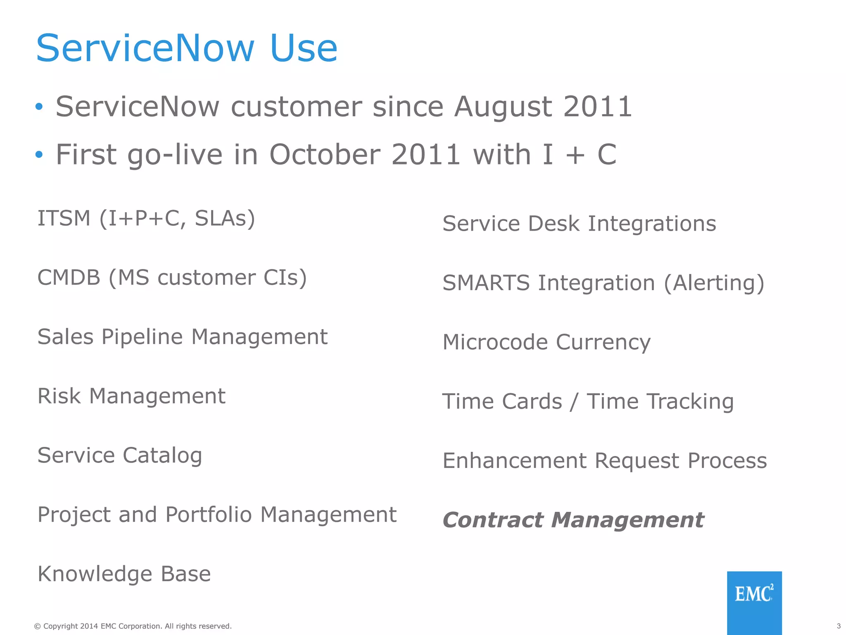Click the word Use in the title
point(304,49)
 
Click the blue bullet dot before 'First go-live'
point(39,155)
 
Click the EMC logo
point(754,594)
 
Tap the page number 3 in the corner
point(839,626)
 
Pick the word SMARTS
point(486,283)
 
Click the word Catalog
point(162,456)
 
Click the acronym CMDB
point(69,277)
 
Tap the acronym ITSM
point(64,218)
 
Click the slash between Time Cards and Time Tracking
point(573,402)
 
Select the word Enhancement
point(514,461)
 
